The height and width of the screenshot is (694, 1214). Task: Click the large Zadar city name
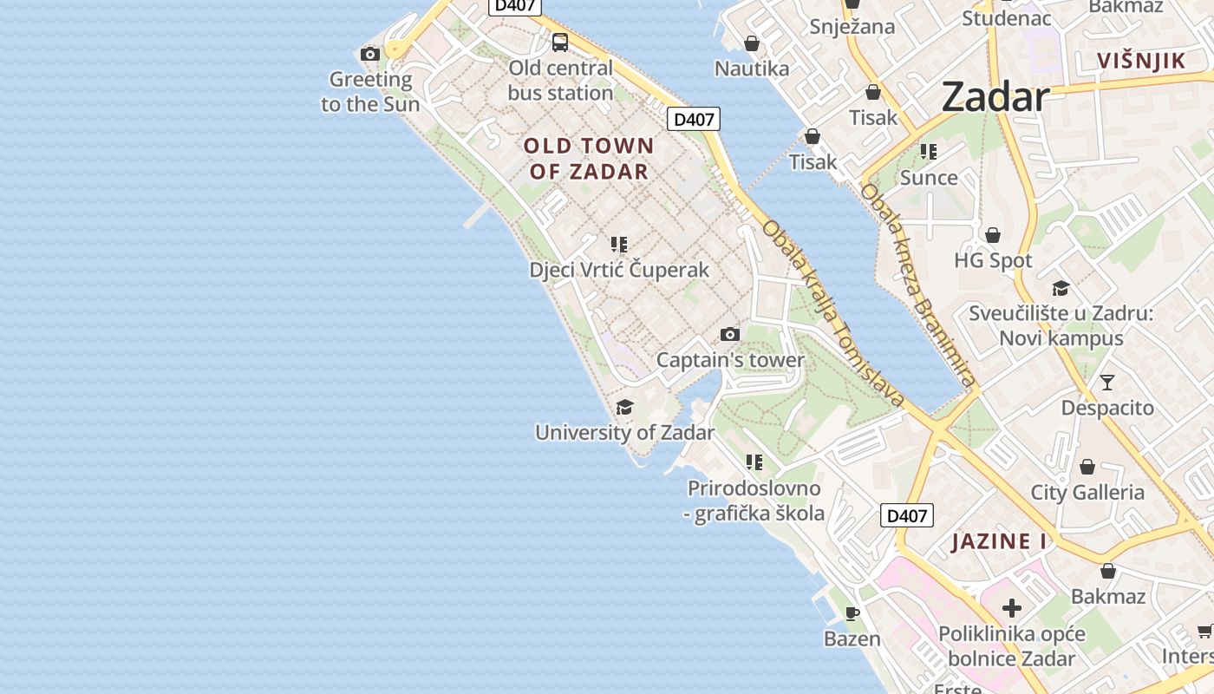pyautogui.click(x=995, y=96)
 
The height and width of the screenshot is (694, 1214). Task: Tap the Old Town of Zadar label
pyautogui.click(x=588, y=158)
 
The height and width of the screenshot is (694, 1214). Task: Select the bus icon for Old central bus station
pyautogui.click(x=560, y=42)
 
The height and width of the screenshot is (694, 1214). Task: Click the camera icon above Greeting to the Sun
pyautogui.click(x=370, y=55)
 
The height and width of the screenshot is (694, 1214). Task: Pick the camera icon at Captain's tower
pyautogui.click(x=730, y=335)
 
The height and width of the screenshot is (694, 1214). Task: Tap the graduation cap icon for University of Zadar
pyautogui.click(x=624, y=408)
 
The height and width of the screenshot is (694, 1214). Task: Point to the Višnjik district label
pyautogui.click(x=1140, y=61)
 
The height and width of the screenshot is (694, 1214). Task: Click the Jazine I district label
pyautogui.click(x=999, y=542)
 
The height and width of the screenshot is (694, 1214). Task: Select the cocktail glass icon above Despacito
pyautogui.click(x=1107, y=382)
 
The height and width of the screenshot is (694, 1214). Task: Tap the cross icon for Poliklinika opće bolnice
pyautogui.click(x=1011, y=608)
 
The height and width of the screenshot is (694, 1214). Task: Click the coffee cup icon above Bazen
pyautogui.click(x=852, y=614)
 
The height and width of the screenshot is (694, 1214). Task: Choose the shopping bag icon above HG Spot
pyautogui.click(x=993, y=235)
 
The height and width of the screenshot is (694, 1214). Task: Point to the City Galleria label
pyautogui.click(x=1087, y=493)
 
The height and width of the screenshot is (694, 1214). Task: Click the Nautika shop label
pyautogui.click(x=752, y=69)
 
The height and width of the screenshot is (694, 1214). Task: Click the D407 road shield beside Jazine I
pyautogui.click(x=907, y=515)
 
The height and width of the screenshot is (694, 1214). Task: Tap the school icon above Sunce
pyautogui.click(x=929, y=153)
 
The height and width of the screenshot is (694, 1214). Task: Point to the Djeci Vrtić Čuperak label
pyautogui.click(x=619, y=270)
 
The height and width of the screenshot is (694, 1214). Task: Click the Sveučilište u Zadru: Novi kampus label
pyautogui.click(x=1061, y=325)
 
